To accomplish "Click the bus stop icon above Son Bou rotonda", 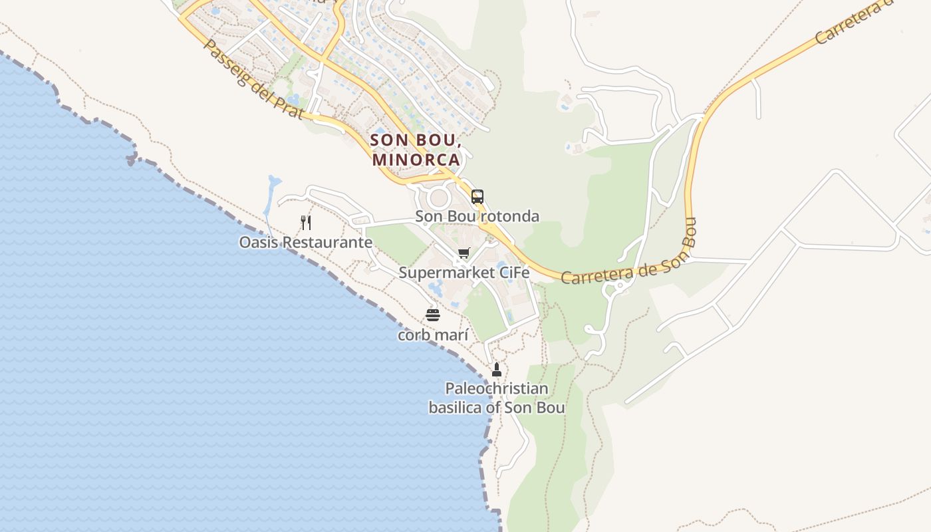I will click(x=477, y=196).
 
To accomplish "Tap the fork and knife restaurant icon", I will click(x=306, y=222).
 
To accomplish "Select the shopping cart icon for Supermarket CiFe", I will click(x=464, y=253).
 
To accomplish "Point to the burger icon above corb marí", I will click(x=433, y=315).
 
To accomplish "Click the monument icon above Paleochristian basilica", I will click(x=496, y=370).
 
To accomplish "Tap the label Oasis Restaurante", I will click(x=305, y=242).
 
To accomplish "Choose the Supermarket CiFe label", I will click(x=464, y=273).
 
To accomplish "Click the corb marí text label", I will click(x=433, y=335).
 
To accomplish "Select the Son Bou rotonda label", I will click(x=477, y=216).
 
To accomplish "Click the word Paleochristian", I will click(x=497, y=388).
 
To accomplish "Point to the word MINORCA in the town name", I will click(x=416, y=160).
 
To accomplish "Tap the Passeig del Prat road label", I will click(x=253, y=80).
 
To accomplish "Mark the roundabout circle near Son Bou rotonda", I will click(x=439, y=198).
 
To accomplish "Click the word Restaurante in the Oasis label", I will click(x=327, y=242).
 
